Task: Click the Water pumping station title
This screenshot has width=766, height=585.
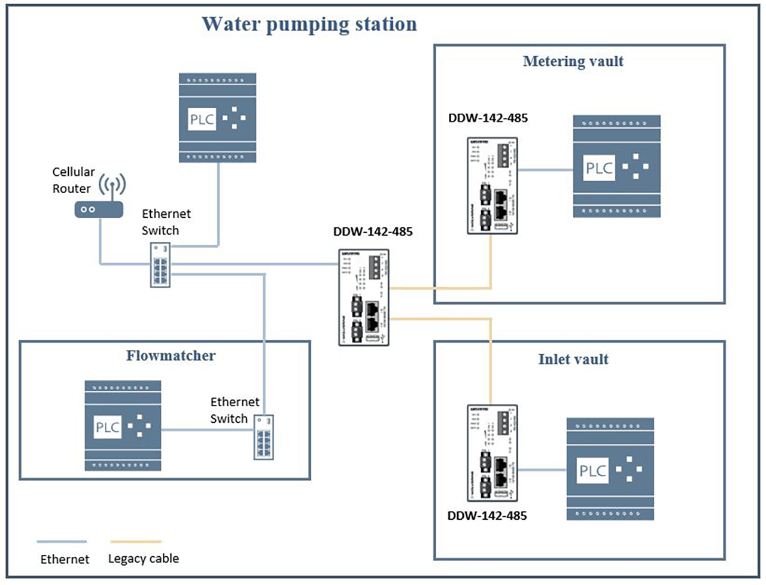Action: (x=309, y=24)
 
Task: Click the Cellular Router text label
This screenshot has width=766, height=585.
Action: (x=73, y=180)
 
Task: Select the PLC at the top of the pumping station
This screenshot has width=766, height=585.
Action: (x=217, y=118)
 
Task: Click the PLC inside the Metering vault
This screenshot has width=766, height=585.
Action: (x=616, y=166)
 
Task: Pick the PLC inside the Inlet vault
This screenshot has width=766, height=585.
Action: (x=610, y=469)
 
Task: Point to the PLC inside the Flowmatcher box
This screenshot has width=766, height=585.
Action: (x=123, y=426)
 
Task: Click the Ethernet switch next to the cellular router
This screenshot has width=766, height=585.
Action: (x=160, y=264)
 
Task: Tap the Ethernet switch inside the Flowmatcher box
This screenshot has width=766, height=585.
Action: (x=264, y=437)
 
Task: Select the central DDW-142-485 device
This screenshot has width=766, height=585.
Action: (x=364, y=297)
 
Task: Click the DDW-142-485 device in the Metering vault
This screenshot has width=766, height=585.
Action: (x=492, y=185)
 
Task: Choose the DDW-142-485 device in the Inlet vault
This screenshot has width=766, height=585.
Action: (x=492, y=453)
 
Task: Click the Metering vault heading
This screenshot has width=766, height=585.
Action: (x=573, y=61)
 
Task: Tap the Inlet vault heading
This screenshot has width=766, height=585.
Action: (x=573, y=359)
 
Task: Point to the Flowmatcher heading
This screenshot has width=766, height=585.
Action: (x=171, y=355)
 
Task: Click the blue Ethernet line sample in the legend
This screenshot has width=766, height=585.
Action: (x=62, y=542)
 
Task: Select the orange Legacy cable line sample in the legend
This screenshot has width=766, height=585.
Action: (x=136, y=542)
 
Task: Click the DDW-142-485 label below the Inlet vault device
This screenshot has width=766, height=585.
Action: (x=487, y=516)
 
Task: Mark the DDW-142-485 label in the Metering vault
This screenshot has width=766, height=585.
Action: (x=488, y=118)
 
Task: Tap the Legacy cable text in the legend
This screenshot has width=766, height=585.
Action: (x=143, y=559)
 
